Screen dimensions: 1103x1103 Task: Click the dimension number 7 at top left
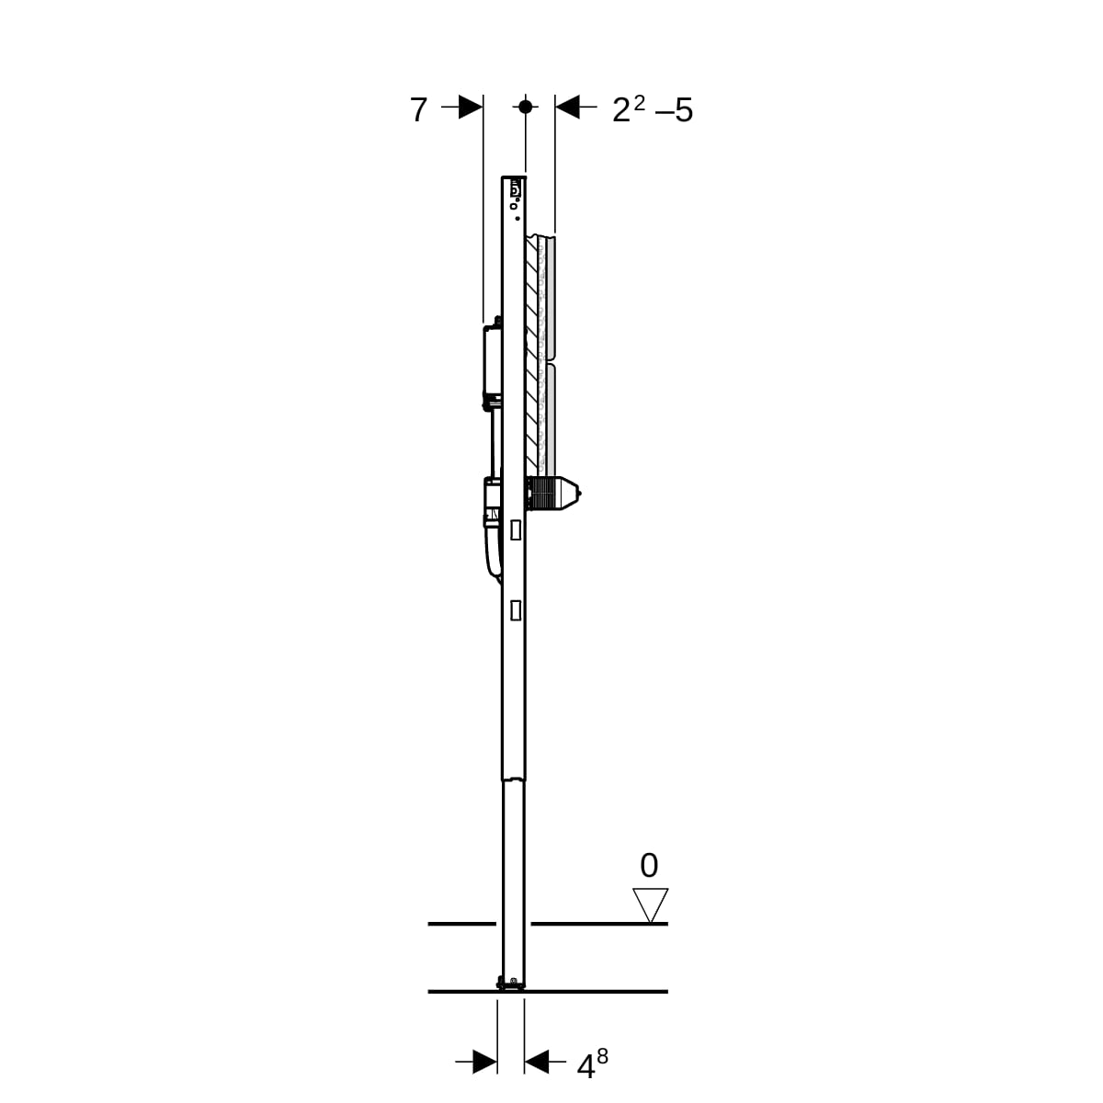tap(418, 110)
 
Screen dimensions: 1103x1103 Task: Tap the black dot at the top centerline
tap(526, 107)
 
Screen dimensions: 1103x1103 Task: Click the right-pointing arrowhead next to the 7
tap(471, 107)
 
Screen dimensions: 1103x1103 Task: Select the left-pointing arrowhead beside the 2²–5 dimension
tap(567, 107)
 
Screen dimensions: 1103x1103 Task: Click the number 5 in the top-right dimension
tap(684, 110)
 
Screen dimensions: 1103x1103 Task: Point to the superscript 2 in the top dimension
tap(639, 103)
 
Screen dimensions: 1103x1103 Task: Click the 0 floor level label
tap(649, 866)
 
